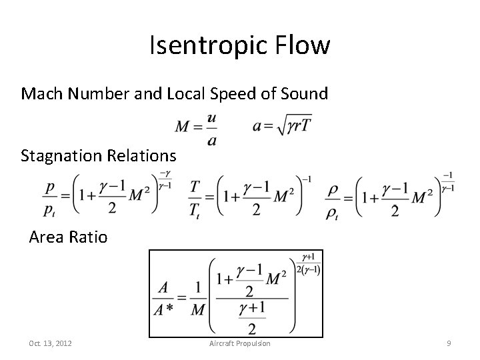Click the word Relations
pyautogui.click(x=144, y=156)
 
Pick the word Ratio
pyautogui.click(x=88, y=237)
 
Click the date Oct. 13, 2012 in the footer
pyautogui.click(x=51, y=343)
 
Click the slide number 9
pyautogui.click(x=449, y=343)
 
